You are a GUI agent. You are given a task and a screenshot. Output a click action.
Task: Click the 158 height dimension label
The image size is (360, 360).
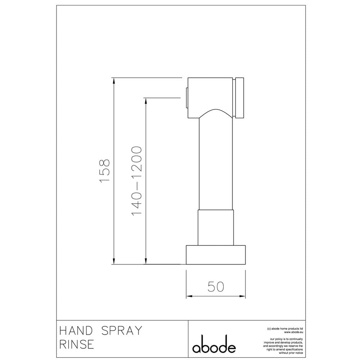pyautogui.click(x=105, y=170)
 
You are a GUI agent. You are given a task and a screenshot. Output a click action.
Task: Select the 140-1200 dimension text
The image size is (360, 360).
pyautogui.click(x=136, y=181)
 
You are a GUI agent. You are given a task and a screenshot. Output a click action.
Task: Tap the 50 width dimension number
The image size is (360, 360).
pyautogui.click(x=216, y=287)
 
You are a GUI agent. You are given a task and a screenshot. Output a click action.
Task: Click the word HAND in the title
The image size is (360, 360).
pyautogui.click(x=76, y=330)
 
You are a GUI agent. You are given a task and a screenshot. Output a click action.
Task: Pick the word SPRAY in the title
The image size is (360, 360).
pyautogui.click(x=122, y=330)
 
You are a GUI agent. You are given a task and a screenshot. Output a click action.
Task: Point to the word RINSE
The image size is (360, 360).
pyautogui.click(x=77, y=345)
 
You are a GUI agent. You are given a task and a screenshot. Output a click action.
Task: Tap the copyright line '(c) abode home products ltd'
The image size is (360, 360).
pyautogui.click(x=285, y=329)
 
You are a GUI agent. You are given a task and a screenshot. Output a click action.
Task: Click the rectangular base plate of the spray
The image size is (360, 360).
pyautogui.click(x=216, y=255)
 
